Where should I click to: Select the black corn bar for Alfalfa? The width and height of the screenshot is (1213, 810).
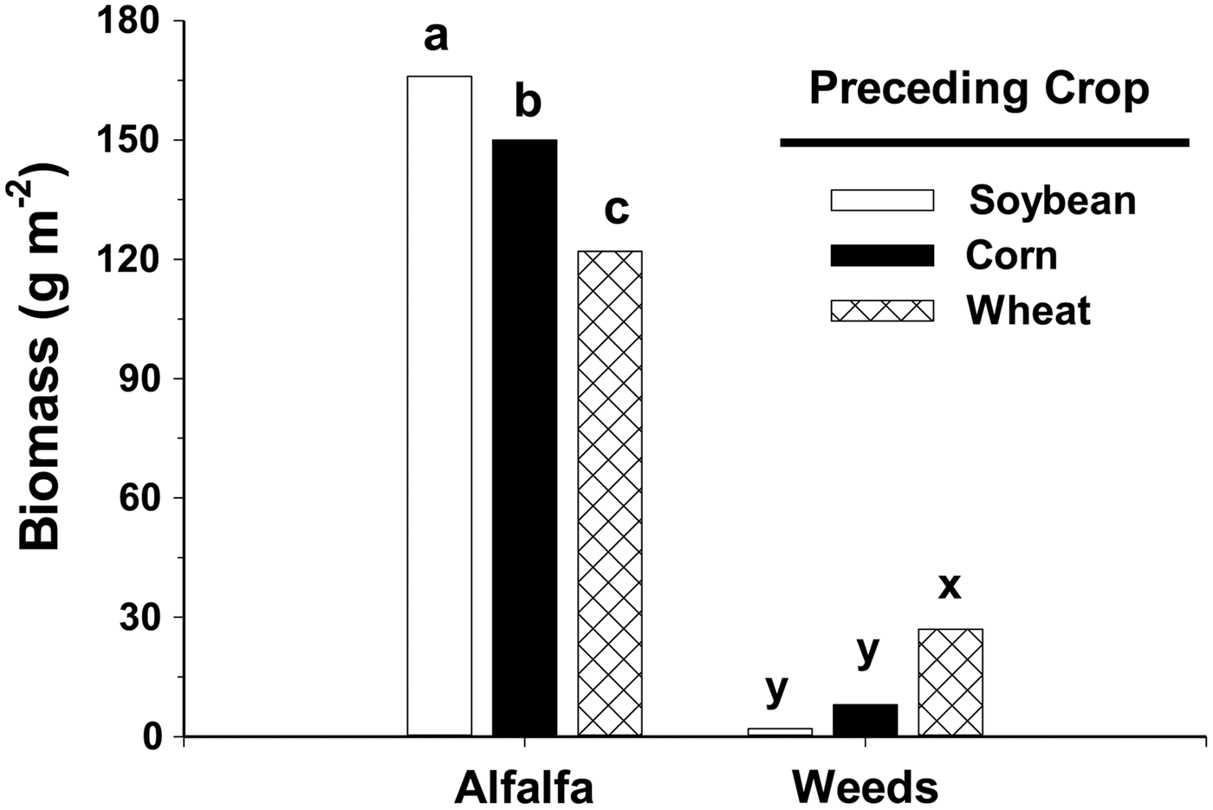(x=524, y=437)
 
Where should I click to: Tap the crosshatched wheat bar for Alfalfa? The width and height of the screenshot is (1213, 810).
(x=610, y=494)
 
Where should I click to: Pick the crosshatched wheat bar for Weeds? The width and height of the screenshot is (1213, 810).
(x=950, y=683)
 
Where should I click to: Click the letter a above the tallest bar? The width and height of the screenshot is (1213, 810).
(x=436, y=37)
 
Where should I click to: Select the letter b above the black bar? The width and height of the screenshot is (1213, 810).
(x=528, y=101)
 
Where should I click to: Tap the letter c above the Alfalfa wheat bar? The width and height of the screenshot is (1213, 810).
(x=616, y=209)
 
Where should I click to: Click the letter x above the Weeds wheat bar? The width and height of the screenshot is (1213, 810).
(x=950, y=586)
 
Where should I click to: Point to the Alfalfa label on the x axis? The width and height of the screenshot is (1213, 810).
(x=524, y=787)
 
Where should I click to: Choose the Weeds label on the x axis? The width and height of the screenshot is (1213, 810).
(x=865, y=787)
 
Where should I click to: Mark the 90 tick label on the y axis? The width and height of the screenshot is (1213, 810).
(x=140, y=379)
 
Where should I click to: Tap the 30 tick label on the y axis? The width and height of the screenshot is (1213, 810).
(x=140, y=618)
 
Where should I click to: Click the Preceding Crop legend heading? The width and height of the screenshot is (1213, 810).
(x=979, y=88)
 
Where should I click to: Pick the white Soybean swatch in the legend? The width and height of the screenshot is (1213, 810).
(x=882, y=200)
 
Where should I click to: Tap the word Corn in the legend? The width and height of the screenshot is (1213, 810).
(x=1011, y=256)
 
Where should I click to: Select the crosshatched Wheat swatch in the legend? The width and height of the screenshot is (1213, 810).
(x=882, y=310)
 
